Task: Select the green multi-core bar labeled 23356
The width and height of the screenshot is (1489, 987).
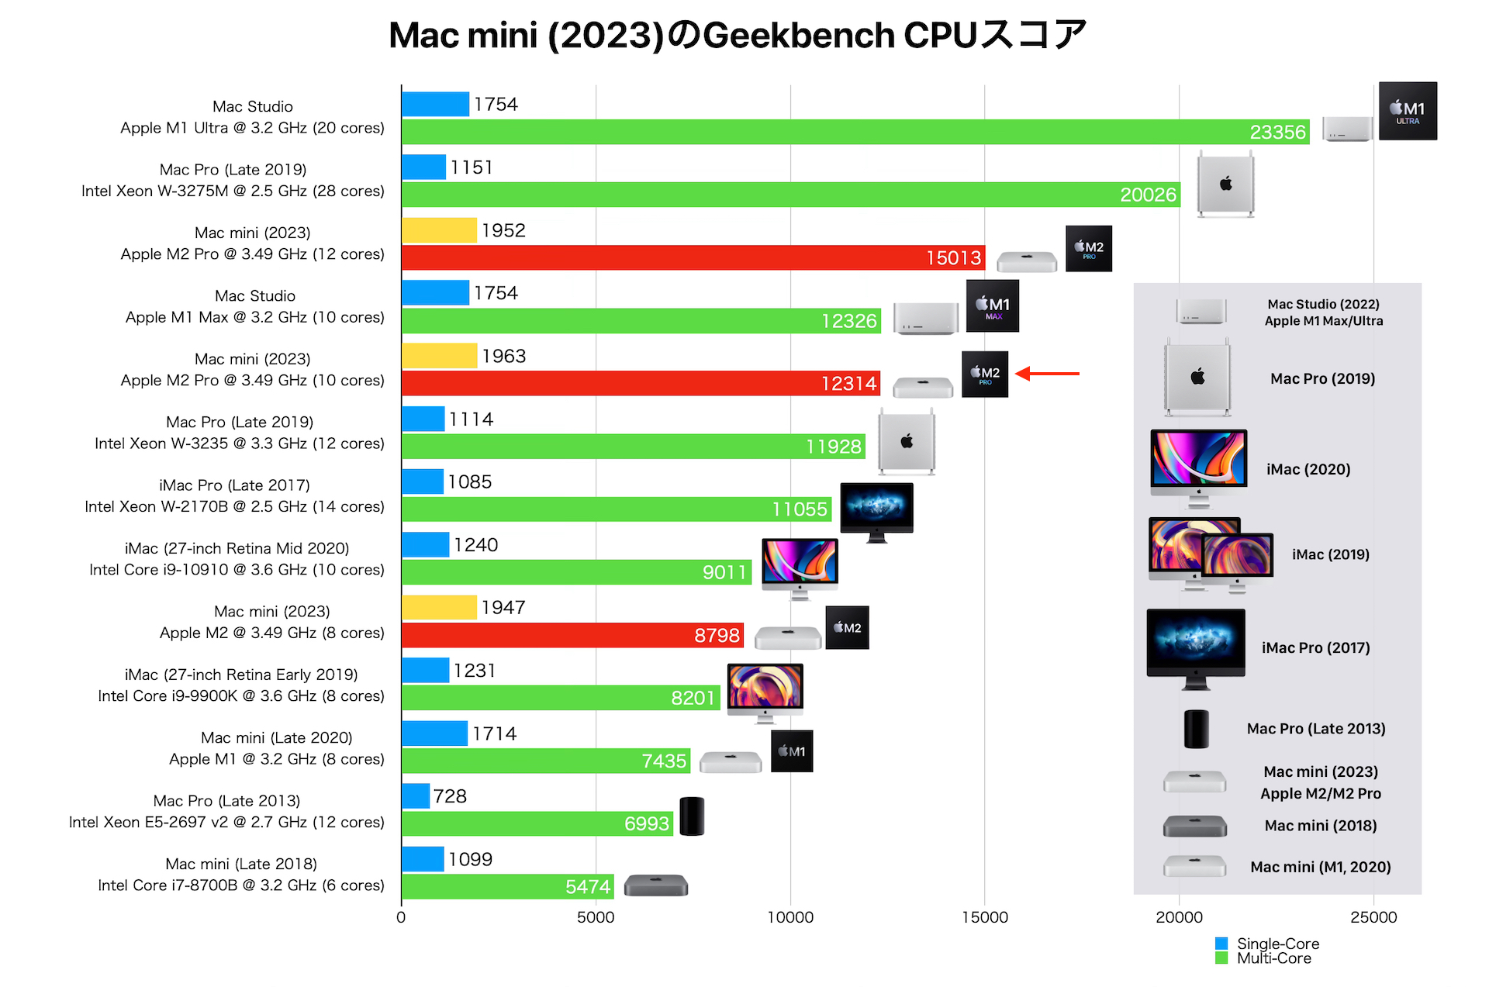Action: coord(853,132)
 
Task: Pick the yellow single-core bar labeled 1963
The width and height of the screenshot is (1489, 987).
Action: coord(439,356)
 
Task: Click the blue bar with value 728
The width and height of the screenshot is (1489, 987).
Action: coord(416,796)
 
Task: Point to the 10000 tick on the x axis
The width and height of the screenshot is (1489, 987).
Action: coord(790,917)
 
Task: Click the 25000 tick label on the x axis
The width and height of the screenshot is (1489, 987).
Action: coord(1373,917)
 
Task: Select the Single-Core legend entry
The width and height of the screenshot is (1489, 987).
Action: coord(1268,944)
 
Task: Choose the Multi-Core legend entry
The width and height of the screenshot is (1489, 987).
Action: coord(1264,959)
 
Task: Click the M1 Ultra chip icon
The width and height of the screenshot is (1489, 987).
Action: coord(1408,111)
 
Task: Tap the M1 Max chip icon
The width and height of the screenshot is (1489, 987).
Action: coord(993,306)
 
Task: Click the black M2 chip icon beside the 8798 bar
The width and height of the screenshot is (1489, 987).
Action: coord(847,627)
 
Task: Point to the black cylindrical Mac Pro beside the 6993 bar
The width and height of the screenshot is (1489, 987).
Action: coord(692,816)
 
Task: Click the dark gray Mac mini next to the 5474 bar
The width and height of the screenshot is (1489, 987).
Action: coord(656,885)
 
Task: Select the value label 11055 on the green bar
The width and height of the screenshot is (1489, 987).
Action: coord(800,509)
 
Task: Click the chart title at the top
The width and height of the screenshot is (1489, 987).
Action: coord(737,35)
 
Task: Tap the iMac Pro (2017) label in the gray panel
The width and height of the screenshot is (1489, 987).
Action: coord(1315,648)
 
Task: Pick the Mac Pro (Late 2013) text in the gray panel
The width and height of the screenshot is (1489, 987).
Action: coord(1315,729)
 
